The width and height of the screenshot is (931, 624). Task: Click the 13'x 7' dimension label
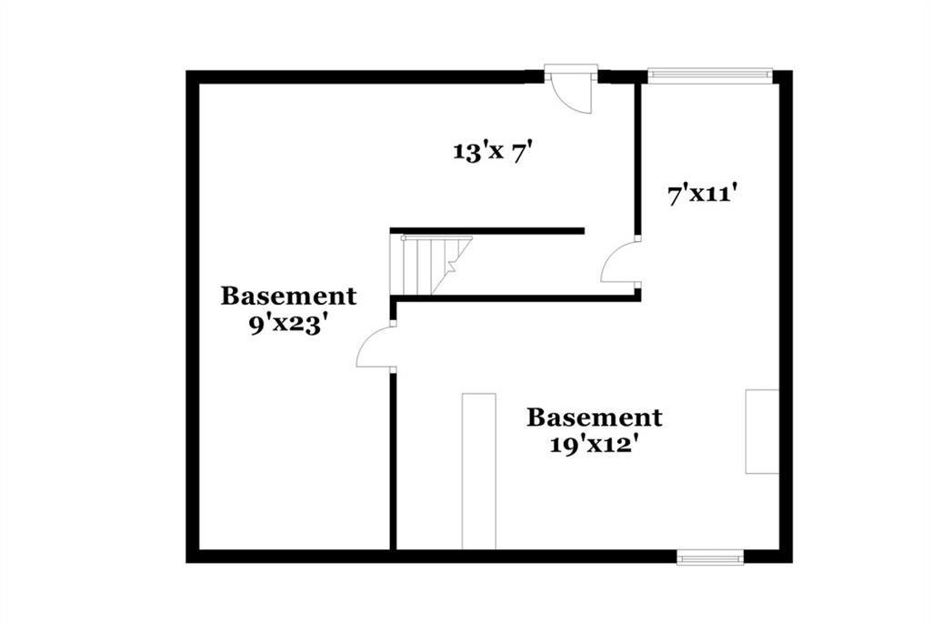[490, 152]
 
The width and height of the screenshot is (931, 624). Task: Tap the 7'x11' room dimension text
[703, 194]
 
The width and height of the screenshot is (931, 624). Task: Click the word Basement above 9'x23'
[288, 296]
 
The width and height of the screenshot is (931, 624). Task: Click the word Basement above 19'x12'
[595, 418]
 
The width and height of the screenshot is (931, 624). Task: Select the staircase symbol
[431, 265]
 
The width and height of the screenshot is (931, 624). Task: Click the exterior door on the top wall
[571, 89]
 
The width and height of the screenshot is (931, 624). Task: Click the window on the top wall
[709, 74]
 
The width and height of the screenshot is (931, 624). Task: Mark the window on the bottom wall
[710, 557]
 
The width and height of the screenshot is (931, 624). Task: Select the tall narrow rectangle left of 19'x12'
[478, 471]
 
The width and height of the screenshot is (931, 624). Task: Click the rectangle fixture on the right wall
[763, 431]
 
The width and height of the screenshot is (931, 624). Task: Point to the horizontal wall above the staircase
[487, 231]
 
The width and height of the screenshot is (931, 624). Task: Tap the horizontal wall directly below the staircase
[516, 298]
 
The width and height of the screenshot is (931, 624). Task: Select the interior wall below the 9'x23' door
[393, 461]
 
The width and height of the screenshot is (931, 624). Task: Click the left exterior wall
[193, 317]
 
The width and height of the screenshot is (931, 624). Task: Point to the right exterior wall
[786, 317]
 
